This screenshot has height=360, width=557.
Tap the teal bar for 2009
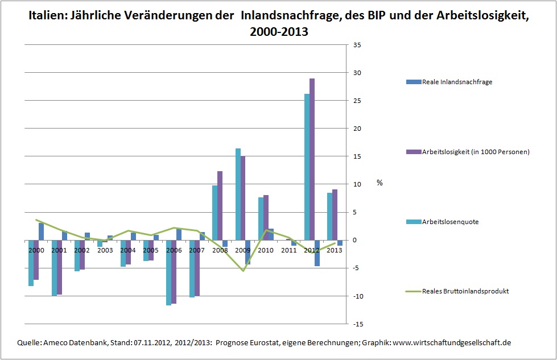click(x=238, y=194)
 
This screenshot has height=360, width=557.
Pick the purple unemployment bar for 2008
click(x=220, y=205)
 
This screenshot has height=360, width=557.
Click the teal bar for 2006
click(x=168, y=273)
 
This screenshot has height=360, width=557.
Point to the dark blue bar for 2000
click(x=41, y=231)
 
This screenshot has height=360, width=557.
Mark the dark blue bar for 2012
click(x=317, y=253)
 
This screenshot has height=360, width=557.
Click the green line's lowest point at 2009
click(x=244, y=271)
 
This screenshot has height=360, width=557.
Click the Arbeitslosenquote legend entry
click(x=450, y=222)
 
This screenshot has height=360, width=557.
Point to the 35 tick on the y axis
click(x=358, y=45)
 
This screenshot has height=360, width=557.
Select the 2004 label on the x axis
click(x=128, y=250)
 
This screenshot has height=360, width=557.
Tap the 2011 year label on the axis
click(x=289, y=250)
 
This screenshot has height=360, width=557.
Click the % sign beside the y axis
click(x=379, y=183)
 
